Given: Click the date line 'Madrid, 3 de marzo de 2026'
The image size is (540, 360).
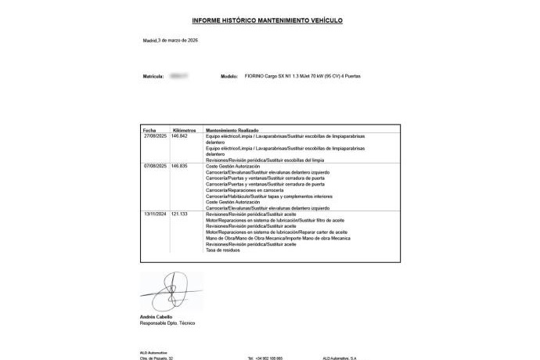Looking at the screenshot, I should point(171,39).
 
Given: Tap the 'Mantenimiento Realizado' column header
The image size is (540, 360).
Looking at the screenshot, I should point(232,130).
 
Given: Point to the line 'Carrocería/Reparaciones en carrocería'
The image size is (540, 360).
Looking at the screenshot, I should point(243,190).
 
